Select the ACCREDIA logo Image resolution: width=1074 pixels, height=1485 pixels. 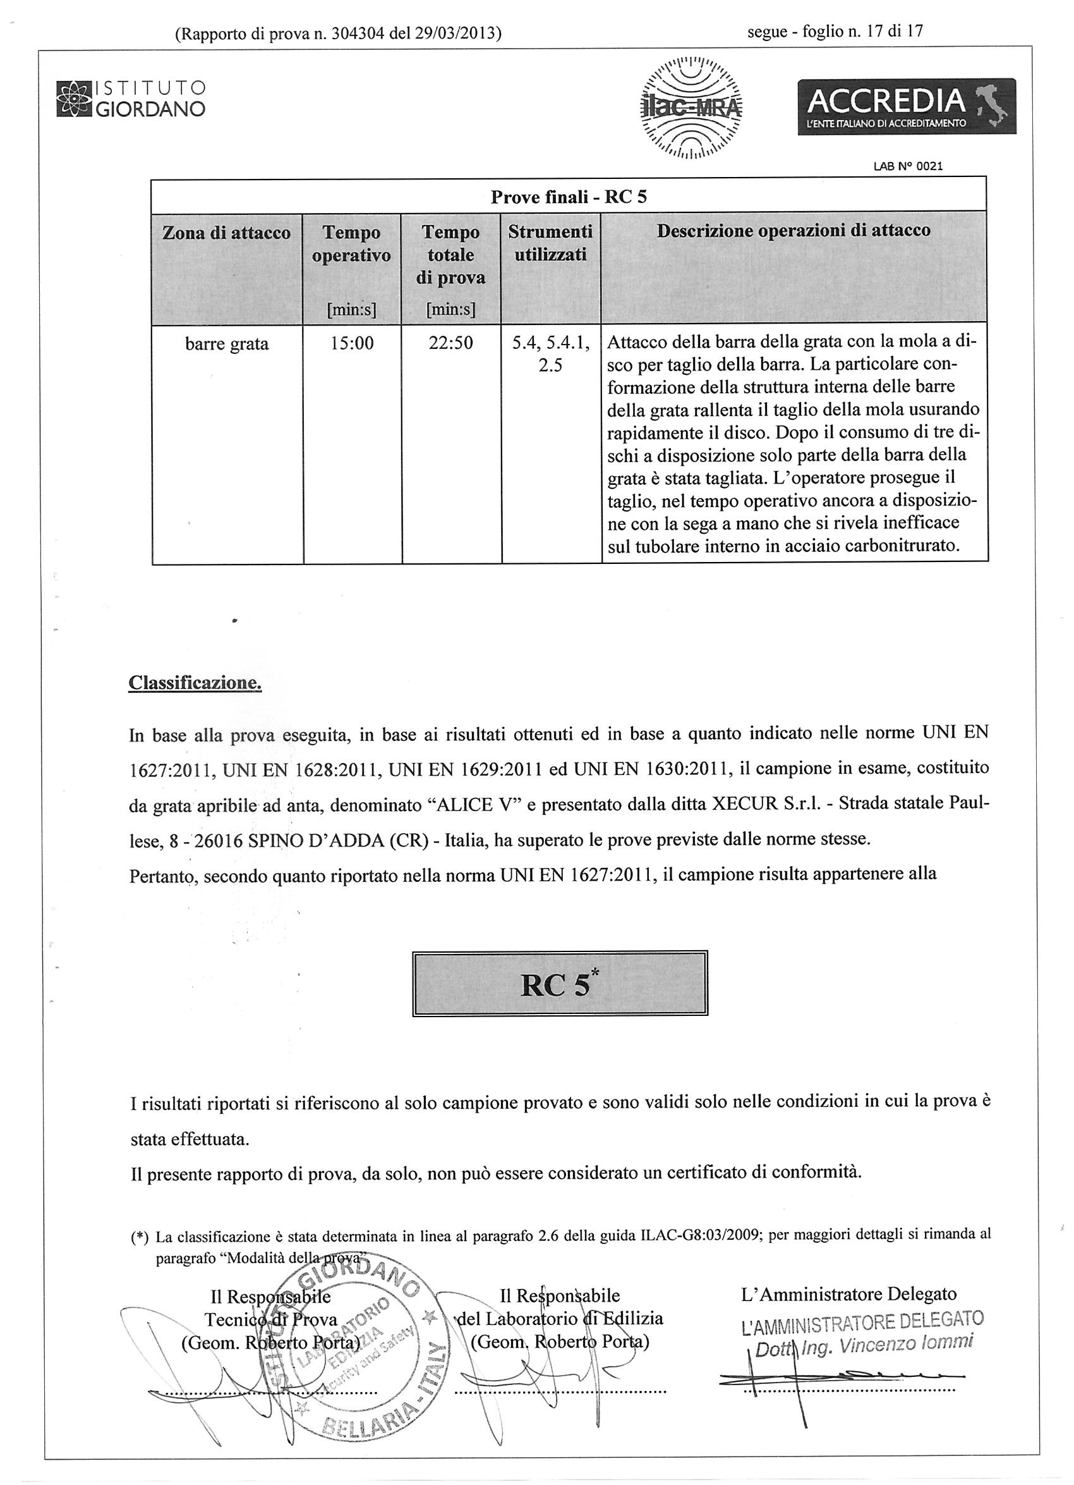pos(906,106)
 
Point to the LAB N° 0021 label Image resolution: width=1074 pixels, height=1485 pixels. pos(908,166)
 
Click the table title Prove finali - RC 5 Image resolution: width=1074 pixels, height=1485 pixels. pos(568,197)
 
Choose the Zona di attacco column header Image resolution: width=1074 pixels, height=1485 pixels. pos(226,233)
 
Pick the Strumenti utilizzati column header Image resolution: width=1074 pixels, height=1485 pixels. pos(550,243)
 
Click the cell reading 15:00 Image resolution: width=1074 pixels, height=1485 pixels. pos(351,343)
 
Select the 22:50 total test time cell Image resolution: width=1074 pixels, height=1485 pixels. pos(450,343)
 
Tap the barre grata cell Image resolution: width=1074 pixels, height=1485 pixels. pos(226,344)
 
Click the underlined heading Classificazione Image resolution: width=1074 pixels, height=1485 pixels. pos(195,682)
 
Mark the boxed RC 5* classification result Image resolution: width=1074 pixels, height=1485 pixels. pos(560,984)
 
